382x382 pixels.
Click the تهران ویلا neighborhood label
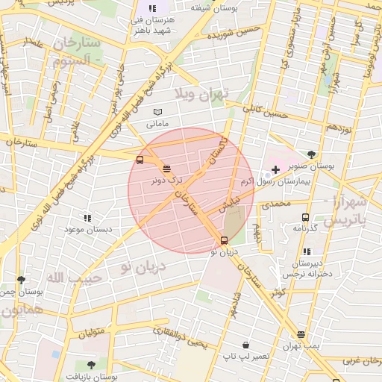pos(204,93)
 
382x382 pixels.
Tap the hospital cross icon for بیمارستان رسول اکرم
pos(275,170)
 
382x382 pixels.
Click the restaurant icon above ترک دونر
pos(166,169)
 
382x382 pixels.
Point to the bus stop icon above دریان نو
pos(224,239)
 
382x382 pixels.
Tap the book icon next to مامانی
pos(157,112)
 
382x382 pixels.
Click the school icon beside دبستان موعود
pos(87,218)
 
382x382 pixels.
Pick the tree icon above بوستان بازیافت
pos(91,365)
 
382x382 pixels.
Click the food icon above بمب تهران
pos(301,335)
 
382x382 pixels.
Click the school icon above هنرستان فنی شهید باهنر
pos(152,8)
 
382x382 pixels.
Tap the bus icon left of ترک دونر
pos(140,160)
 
